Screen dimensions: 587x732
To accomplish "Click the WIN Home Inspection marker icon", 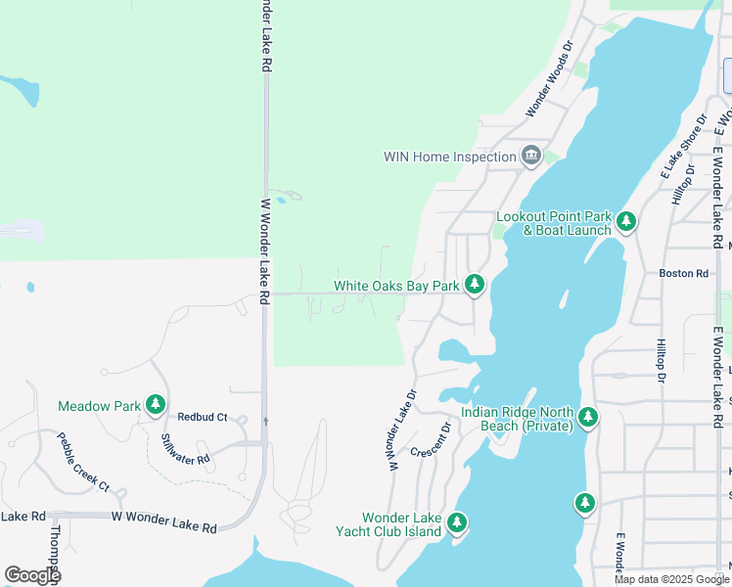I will [x=531, y=156].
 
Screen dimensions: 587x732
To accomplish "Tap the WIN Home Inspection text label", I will [x=449, y=157].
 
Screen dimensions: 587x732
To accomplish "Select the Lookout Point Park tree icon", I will [x=626, y=222].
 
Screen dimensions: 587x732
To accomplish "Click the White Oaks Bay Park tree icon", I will [x=475, y=285].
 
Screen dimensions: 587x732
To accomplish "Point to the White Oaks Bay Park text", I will [x=396, y=286].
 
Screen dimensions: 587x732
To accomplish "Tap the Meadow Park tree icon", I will [x=155, y=404].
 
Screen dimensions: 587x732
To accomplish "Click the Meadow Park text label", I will [x=99, y=405].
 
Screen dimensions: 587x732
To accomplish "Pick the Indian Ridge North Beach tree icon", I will [x=587, y=418].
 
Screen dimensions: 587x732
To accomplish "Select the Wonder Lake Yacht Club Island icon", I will [x=456, y=523].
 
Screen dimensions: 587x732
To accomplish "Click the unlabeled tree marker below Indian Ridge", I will [x=584, y=503].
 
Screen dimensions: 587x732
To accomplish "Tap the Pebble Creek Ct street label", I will [x=82, y=462].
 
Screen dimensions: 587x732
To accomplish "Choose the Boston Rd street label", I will [x=683, y=274].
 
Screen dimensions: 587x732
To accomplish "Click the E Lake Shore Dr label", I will [x=682, y=147].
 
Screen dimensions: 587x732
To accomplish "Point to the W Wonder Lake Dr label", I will [x=403, y=431].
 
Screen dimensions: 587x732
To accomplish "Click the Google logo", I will [x=32, y=575].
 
